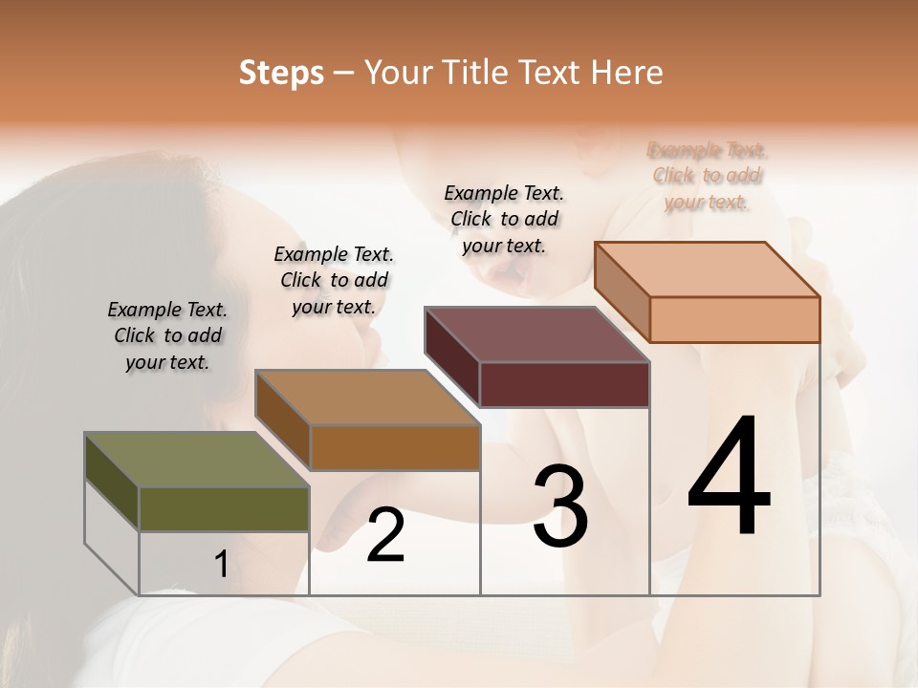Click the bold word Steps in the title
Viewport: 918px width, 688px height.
(x=281, y=73)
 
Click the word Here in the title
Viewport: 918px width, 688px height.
(x=626, y=73)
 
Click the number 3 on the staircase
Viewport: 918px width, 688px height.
(x=560, y=506)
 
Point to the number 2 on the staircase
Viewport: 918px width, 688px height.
(x=385, y=535)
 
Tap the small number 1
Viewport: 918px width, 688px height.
(x=221, y=564)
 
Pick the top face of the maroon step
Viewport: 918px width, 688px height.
(x=536, y=334)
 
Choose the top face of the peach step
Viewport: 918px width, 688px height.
(x=708, y=269)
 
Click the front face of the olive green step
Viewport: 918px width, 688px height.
(x=224, y=508)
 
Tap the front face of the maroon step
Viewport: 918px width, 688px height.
(x=564, y=384)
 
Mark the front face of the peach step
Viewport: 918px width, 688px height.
(x=734, y=319)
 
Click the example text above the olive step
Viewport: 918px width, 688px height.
(x=167, y=335)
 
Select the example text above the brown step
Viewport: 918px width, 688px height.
(x=334, y=280)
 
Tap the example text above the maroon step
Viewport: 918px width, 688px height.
(x=504, y=219)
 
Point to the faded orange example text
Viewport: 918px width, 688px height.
(x=707, y=176)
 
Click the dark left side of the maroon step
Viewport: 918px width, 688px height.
(x=452, y=356)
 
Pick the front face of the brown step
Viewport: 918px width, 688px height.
(x=395, y=447)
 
